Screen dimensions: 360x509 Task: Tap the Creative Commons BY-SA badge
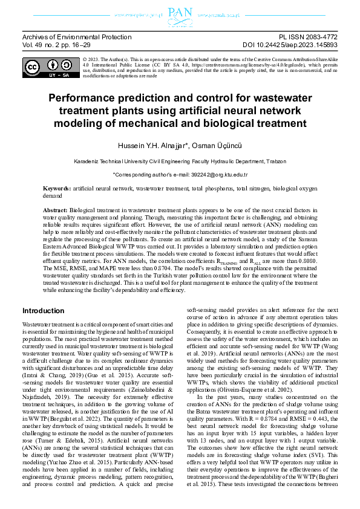[x=49, y=69]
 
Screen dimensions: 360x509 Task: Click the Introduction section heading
[x=43, y=311]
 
